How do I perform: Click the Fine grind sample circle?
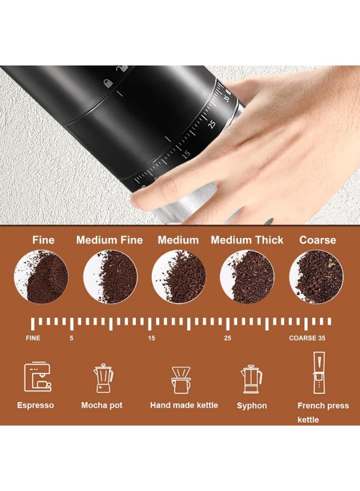tap(41, 277)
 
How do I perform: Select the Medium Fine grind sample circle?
tap(110, 277)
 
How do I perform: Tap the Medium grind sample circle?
tap(178, 277)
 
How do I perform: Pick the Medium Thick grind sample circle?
tap(247, 277)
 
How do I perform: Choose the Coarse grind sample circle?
tap(316, 277)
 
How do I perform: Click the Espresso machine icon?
tap(37, 378)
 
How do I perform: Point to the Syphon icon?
tap(251, 379)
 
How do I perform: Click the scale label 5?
tap(71, 338)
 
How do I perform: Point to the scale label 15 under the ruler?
tap(151, 338)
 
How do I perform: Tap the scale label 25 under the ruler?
tap(227, 338)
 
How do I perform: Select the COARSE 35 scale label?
tap(307, 338)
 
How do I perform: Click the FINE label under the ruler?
tap(33, 338)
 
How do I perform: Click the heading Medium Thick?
tap(247, 240)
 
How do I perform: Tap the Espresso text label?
tap(35, 405)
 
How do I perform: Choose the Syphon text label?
tap(252, 406)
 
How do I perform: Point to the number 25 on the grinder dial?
tap(212, 124)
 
